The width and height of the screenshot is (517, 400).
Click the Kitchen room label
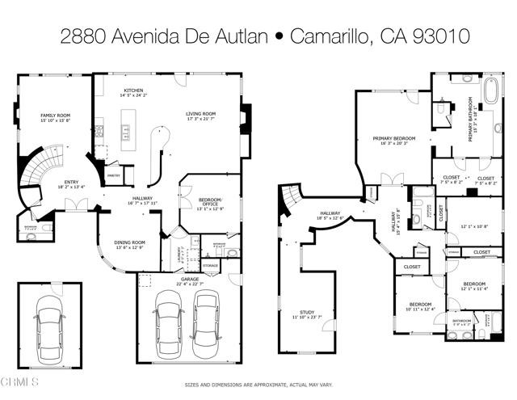click(x=132, y=92)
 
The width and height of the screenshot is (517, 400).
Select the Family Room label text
click(x=56, y=118)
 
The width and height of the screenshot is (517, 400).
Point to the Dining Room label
click(x=130, y=245)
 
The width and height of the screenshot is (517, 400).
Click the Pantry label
click(x=114, y=175)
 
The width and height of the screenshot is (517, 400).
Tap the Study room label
click(x=306, y=313)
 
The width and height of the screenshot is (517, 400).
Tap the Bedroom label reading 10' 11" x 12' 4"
click(x=420, y=306)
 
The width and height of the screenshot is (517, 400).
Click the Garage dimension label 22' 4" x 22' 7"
click(x=190, y=281)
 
